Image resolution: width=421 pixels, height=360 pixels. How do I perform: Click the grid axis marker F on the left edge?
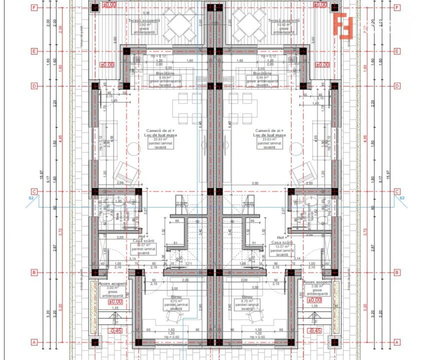pyautogui.click(x=34, y=8)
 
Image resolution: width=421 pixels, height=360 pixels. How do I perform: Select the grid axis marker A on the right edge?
pyautogui.click(x=397, y=342)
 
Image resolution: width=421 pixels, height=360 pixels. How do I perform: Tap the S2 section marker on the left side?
pyautogui.click(x=31, y=198)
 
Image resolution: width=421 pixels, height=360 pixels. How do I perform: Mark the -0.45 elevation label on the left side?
pyautogui.click(x=115, y=331)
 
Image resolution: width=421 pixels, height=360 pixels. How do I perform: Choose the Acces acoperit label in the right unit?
pyautogui.click(x=317, y=282)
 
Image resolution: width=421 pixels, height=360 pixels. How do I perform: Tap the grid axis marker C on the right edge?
pyautogui.click(x=397, y=192)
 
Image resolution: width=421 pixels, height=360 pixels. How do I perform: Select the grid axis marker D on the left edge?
pyautogui.click(x=34, y=86)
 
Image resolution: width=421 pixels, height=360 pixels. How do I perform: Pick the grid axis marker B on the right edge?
pyautogui.click(x=397, y=273)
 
